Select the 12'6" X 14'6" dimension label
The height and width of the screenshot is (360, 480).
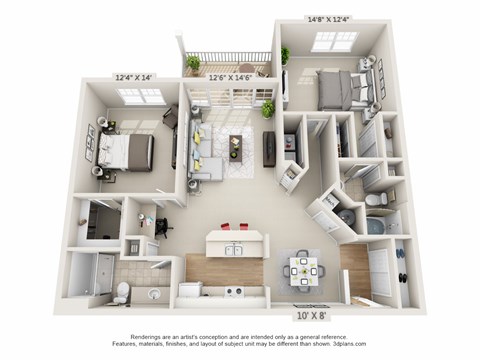click(231, 76)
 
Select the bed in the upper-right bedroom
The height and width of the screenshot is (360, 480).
click(346, 89)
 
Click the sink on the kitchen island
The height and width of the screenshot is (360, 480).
click(233, 249)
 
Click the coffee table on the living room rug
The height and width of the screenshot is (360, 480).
click(240, 141)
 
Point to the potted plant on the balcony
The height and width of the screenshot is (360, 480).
click(193, 62)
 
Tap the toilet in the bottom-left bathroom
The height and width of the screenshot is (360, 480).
click(121, 291)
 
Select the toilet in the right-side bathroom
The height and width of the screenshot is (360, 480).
click(373, 201)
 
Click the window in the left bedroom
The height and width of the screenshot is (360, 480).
click(140, 95)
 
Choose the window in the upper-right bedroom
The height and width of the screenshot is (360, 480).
click(333, 41)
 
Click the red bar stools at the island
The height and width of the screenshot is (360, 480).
click(231, 226)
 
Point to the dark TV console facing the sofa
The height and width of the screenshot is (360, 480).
click(269, 149)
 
